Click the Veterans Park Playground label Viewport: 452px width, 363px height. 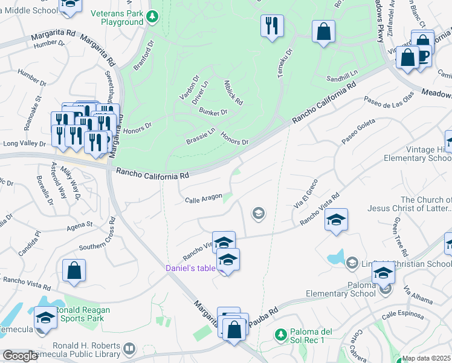pos(117,18)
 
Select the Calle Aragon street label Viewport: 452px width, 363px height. pos(204,199)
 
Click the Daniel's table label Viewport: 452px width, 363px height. pos(191,268)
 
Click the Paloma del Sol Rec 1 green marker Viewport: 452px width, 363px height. pos(280,334)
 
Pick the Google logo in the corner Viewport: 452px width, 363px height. pos(20,356)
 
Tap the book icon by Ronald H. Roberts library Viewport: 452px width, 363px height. pos(129,349)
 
